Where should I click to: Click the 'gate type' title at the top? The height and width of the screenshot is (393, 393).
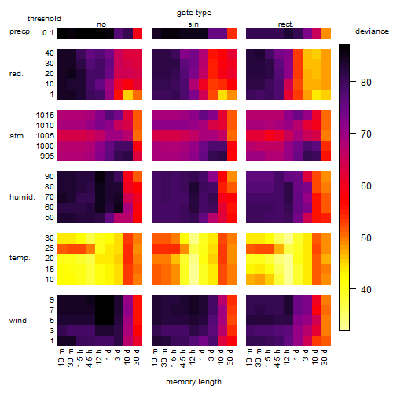coord(194,13)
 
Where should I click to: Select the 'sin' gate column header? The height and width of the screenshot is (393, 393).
coord(193,24)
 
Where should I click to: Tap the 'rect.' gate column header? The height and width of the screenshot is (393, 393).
coord(285,24)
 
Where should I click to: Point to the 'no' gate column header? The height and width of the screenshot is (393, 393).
coord(101,24)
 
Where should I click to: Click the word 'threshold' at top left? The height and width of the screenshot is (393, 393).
coord(44,19)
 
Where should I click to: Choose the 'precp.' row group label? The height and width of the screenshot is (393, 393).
coord(20,31)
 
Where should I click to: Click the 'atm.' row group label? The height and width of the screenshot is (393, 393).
coord(17,136)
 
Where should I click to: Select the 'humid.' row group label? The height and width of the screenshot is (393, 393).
coord(22,196)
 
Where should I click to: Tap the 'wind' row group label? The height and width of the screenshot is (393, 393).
coord(18,321)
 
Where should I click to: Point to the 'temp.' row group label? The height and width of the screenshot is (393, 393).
coord(20,258)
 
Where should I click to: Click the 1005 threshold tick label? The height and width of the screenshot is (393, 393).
coord(45,136)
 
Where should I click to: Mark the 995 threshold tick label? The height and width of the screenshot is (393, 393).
coord(47,156)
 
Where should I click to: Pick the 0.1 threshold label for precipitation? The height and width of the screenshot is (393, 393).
coord(48,33)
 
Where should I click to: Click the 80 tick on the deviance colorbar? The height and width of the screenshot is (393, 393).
coord(366,83)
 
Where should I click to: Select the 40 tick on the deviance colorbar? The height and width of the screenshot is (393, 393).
coord(366,289)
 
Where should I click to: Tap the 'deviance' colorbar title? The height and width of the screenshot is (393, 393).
coord(372,31)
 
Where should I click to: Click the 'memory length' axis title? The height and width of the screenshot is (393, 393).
coord(193,382)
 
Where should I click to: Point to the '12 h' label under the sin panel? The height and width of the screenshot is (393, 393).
coord(192,357)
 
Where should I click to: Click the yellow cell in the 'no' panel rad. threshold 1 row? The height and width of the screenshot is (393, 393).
coord(128,94)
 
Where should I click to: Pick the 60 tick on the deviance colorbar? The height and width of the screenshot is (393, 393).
coord(366,186)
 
